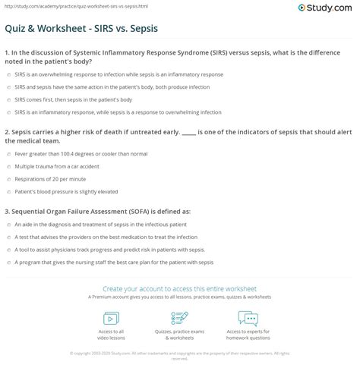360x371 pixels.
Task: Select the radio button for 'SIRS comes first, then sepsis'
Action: pos(8,99)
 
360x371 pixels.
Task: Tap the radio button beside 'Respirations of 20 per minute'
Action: pos(8,178)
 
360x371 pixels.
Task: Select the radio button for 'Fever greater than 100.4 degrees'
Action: pos(8,152)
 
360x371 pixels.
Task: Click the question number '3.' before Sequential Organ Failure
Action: pos(7,211)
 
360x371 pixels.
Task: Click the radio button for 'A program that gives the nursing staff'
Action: pos(8,263)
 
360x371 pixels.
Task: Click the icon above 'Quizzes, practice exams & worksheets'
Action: pos(179,316)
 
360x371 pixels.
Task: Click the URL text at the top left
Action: pos(55,5)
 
